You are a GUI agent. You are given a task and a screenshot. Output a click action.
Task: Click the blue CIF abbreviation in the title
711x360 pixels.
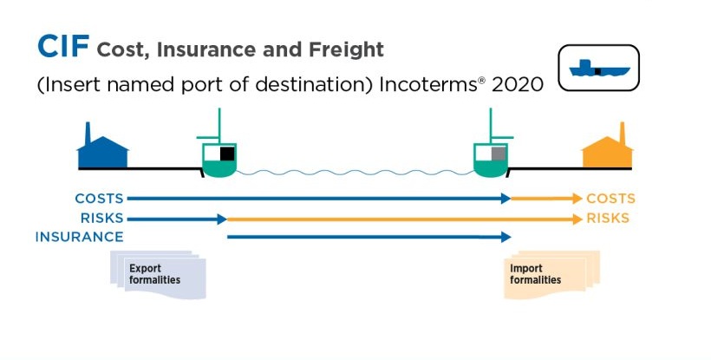(x=63, y=46)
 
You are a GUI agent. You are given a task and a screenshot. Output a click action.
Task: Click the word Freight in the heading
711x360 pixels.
(x=347, y=49)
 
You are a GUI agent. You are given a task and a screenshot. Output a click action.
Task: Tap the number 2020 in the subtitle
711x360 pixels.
(x=518, y=84)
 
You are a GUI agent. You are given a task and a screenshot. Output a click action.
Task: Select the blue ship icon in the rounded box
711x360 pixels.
(x=599, y=69)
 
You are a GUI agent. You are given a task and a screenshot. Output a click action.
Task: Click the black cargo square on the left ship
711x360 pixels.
(x=227, y=154)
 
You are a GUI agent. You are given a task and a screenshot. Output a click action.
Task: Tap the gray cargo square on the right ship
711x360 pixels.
(x=499, y=154)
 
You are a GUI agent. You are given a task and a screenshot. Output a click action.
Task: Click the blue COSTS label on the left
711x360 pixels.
(x=100, y=199)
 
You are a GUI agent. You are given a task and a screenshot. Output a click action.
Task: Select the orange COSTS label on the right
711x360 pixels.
(x=610, y=199)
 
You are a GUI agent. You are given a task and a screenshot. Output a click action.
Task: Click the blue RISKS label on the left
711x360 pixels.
(x=102, y=218)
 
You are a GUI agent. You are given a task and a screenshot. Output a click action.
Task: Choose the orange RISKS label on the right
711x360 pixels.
(x=608, y=218)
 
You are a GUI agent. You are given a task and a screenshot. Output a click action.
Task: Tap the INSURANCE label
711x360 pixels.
(x=80, y=237)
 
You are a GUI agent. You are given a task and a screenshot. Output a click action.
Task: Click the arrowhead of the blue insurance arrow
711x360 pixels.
(x=506, y=237)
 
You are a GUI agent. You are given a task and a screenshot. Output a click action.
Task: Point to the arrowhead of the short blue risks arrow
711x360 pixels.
(x=222, y=219)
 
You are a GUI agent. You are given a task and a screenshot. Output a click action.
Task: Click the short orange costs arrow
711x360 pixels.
(x=547, y=199)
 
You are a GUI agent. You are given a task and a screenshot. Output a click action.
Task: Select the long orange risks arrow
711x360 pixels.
(x=404, y=219)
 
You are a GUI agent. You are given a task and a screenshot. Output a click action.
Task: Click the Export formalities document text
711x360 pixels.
(x=154, y=274)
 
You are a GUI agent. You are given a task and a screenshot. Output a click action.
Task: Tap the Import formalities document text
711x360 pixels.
(x=535, y=274)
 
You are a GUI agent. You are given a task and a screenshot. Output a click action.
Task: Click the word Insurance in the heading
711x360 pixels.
(x=206, y=49)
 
